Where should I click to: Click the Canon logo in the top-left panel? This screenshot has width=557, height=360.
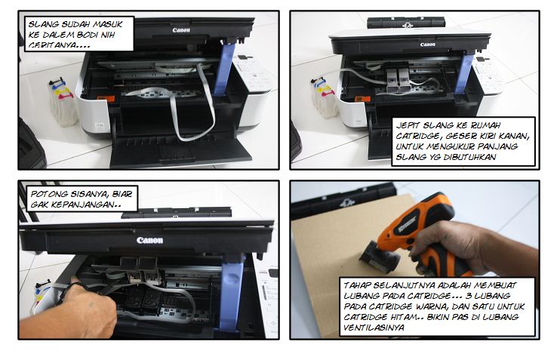(x=180, y=31)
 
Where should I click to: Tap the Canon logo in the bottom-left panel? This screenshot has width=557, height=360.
(x=149, y=241)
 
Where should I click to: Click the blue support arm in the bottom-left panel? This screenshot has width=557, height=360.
(x=233, y=290)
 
